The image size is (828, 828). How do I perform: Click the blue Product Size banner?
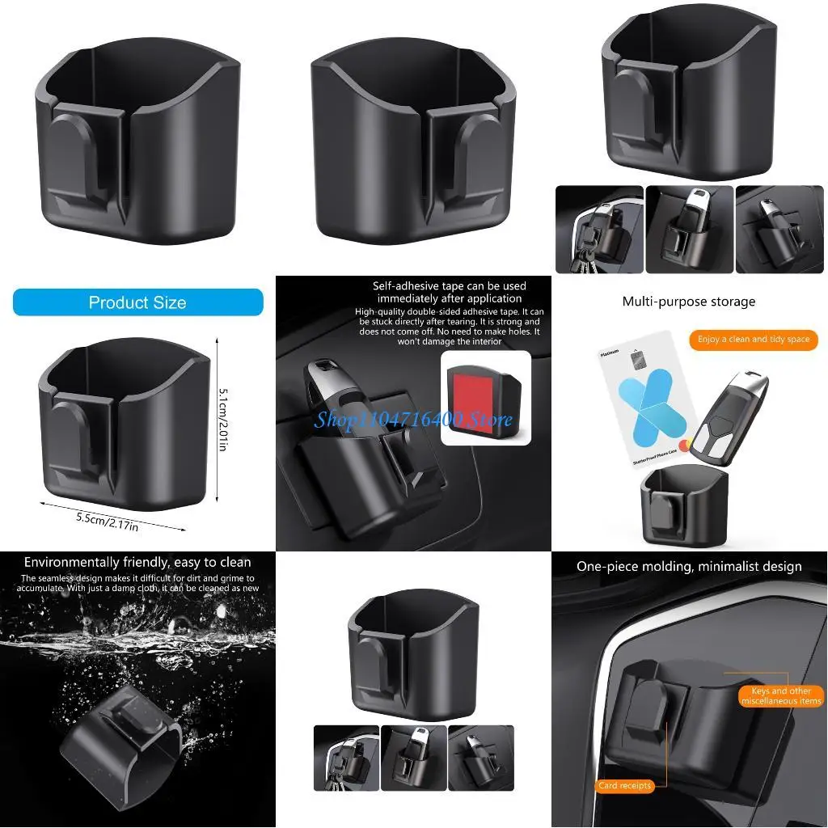(137, 302)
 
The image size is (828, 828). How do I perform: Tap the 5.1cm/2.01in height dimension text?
(223, 418)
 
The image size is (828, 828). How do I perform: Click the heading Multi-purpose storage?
(688, 302)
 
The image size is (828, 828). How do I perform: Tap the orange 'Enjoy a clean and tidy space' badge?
(753, 340)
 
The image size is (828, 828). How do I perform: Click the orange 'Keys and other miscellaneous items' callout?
(780, 696)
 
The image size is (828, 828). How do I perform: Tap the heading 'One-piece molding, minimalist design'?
(689, 567)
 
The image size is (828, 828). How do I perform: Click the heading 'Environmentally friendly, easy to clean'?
(137, 562)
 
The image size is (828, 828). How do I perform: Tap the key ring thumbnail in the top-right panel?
(598, 230)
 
